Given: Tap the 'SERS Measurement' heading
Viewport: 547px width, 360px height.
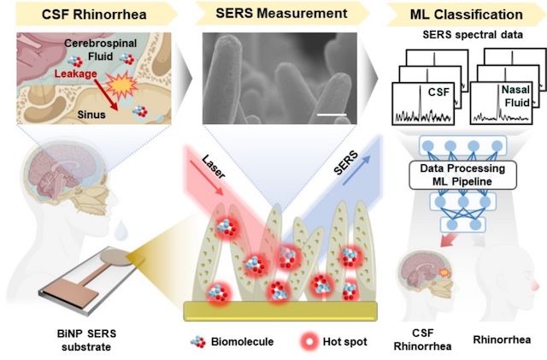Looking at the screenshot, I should pos(272,15).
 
